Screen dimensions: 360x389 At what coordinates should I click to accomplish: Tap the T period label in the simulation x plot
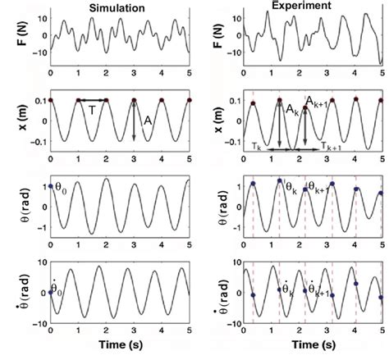pos(93,110)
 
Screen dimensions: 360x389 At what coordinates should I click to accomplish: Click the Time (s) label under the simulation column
pos(120,349)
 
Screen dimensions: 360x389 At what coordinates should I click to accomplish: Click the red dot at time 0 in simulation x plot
pos(51,99)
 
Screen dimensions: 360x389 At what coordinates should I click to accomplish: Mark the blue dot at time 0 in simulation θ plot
pos(51,187)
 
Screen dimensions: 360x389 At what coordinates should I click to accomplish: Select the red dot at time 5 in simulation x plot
pos(190,99)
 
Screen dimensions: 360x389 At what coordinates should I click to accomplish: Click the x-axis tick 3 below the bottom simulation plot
pos(134,335)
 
